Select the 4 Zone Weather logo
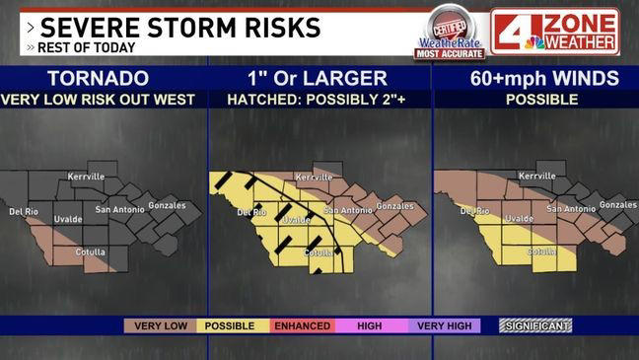point(555,32)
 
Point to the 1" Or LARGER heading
point(319,78)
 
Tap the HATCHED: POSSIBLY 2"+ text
point(319,99)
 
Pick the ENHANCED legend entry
point(301,325)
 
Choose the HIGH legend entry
point(370,325)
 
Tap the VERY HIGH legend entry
point(443,325)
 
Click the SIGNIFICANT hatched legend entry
point(536,325)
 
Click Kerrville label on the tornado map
point(86,176)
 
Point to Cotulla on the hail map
point(319,252)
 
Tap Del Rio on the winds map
point(474,211)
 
